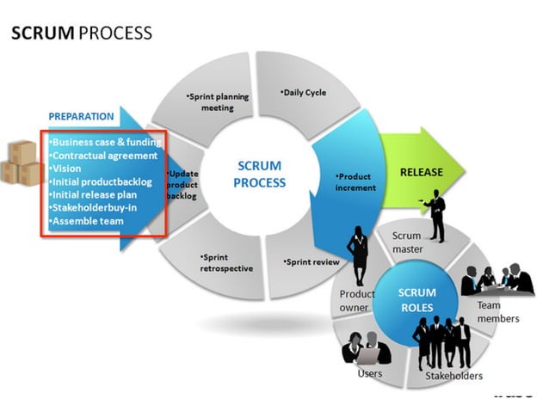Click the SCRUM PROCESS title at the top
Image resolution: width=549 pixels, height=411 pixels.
[81, 34]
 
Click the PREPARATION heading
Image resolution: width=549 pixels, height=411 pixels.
[81, 116]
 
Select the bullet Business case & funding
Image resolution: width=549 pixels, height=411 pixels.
[105, 141]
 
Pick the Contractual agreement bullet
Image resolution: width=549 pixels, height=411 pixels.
[103, 156]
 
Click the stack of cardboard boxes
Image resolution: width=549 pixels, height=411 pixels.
[20, 163]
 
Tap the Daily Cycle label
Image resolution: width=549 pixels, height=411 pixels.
[304, 92]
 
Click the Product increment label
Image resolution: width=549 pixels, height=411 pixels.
[355, 181]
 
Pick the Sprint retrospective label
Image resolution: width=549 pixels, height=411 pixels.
[226, 262]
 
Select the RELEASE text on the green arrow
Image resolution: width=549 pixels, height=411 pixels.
[421, 172]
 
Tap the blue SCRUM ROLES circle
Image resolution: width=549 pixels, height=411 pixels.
[417, 299]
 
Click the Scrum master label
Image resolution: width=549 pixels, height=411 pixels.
[406, 242]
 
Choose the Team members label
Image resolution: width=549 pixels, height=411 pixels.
[498, 311]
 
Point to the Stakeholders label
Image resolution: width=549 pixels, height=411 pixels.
[453, 376]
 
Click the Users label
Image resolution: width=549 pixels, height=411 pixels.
[370, 373]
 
